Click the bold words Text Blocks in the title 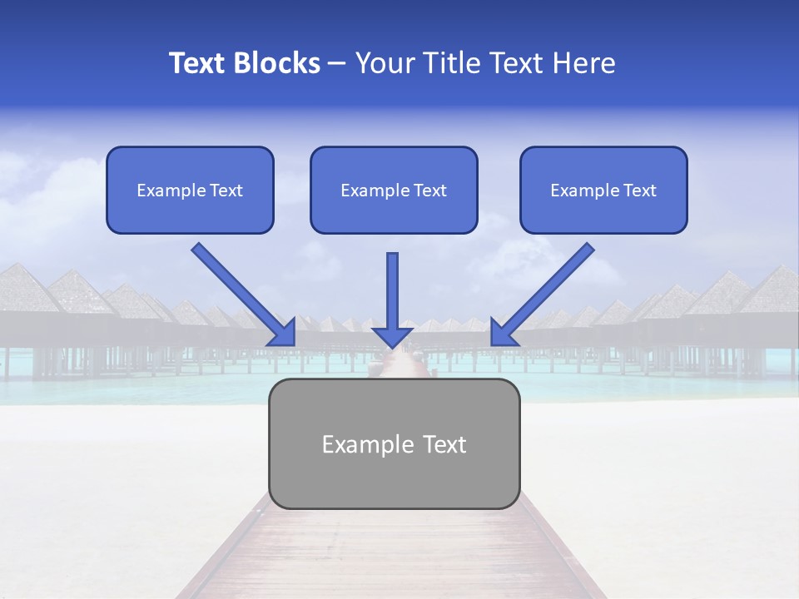coord(245,63)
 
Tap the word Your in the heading coord(383,63)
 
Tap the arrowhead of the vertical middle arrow coord(392,336)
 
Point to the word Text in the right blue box coord(639,191)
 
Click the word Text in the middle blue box coord(429,191)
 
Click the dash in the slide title coord(337,64)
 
